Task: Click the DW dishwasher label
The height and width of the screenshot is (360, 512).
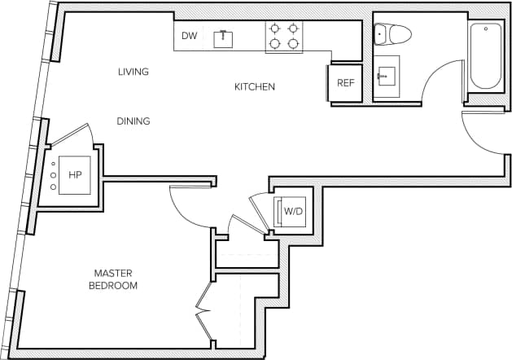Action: [189, 36]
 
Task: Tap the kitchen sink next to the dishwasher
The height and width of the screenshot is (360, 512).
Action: [221, 37]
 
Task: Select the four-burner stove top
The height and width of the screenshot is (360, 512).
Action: [283, 37]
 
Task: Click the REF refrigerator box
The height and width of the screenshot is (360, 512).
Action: [345, 83]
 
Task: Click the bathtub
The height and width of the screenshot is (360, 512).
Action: [486, 55]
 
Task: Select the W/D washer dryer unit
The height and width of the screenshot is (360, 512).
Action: [292, 212]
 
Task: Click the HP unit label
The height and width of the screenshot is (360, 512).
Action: [75, 174]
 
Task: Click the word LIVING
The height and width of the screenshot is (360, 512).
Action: [133, 72]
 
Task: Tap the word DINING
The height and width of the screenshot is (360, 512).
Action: [133, 121]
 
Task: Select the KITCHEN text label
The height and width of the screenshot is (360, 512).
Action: [255, 86]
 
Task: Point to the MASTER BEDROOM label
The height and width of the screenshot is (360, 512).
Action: [114, 279]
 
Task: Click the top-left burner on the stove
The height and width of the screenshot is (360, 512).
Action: [274, 28]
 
